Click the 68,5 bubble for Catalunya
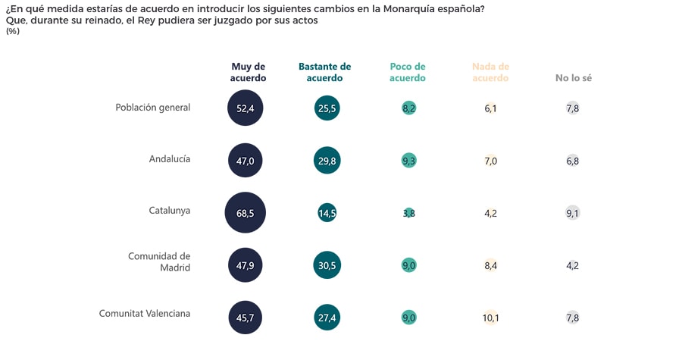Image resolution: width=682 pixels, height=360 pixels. [246, 213]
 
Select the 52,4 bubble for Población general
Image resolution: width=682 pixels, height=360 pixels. [246, 108]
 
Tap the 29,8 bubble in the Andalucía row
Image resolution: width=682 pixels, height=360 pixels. [327, 161]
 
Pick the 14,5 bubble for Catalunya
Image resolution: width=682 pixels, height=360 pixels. [327, 213]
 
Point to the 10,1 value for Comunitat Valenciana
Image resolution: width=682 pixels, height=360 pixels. [490, 318]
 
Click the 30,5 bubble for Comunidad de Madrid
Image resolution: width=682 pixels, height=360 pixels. [327, 265]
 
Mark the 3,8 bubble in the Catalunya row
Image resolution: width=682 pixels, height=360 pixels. [409, 213]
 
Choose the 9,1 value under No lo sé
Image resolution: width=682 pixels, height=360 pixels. [573, 213]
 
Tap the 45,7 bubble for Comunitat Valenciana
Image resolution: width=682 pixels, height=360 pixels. [246, 318]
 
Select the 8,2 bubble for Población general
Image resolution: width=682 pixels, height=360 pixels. [409, 108]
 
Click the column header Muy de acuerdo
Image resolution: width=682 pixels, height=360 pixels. [249, 72]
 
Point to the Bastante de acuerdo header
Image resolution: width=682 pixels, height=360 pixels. [325, 72]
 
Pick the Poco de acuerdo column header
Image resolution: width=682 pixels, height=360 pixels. [408, 72]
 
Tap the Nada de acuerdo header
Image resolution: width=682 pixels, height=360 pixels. [490, 72]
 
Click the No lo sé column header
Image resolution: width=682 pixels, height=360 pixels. [574, 78]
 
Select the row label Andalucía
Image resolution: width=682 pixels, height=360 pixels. [170, 159]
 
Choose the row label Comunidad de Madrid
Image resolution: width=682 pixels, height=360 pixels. [158, 261]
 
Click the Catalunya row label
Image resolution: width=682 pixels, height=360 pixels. [170, 211]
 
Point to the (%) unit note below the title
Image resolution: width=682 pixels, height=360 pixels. [13, 31]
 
